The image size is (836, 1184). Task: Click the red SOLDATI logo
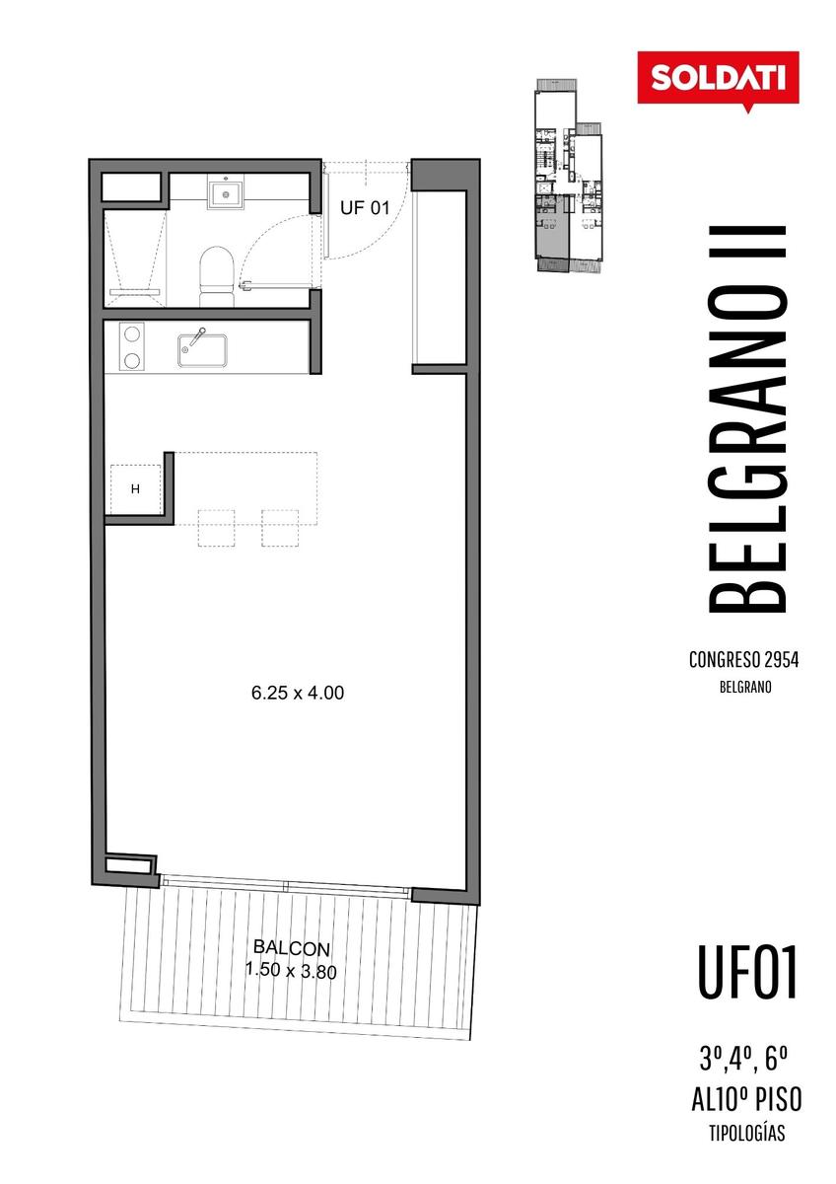point(718,79)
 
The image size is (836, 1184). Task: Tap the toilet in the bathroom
point(217,276)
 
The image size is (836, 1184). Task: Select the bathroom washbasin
point(226,191)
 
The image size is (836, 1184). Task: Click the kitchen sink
point(202,349)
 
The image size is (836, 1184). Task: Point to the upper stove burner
point(131,334)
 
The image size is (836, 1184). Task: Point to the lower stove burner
point(131,361)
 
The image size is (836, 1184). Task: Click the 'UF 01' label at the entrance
point(365,208)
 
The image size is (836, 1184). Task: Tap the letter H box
point(135,489)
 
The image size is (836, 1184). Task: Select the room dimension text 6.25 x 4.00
point(298,693)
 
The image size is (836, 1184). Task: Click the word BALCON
point(292,948)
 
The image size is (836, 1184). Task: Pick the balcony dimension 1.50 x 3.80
point(291,971)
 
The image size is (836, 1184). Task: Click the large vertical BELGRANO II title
point(746,419)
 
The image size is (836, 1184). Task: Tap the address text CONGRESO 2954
point(743,660)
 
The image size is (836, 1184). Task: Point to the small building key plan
point(568,176)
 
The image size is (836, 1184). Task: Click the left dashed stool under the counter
point(217,528)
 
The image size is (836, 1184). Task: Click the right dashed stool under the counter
point(280,528)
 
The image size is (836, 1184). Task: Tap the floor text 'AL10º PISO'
point(746,1098)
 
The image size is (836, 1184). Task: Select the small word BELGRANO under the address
point(745,687)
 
